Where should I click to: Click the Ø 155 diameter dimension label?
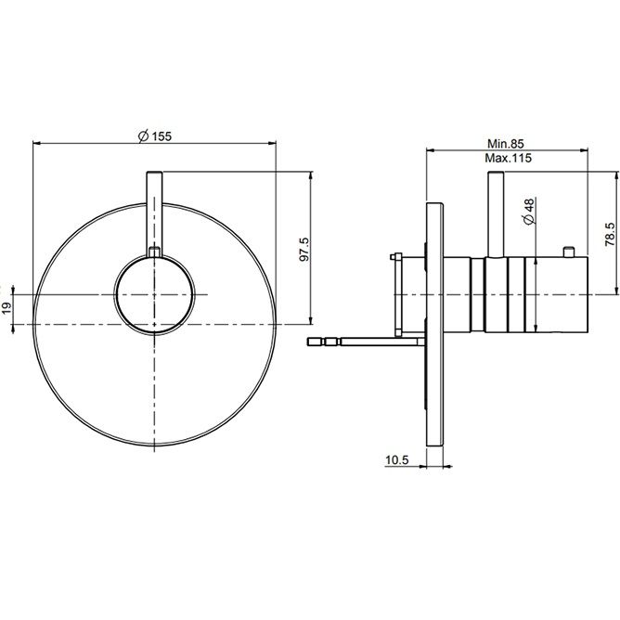(x=155, y=136)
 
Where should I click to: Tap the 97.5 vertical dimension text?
(x=304, y=249)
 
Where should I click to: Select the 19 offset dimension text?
(x=7, y=309)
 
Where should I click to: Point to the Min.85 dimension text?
(x=505, y=144)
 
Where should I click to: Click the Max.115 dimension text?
(x=508, y=158)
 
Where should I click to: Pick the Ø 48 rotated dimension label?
(x=529, y=212)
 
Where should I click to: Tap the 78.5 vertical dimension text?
(x=610, y=235)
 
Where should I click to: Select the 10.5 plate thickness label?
(x=397, y=460)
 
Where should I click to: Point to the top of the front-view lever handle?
(x=154, y=173)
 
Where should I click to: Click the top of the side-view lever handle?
(x=496, y=173)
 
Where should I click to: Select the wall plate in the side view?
(x=434, y=324)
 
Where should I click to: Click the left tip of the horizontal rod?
(x=307, y=342)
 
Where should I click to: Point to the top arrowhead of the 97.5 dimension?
(x=311, y=175)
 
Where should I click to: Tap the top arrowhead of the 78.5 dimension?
(x=616, y=175)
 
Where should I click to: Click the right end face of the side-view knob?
(x=588, y=295)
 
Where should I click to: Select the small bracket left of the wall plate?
(x=397, y=295)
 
